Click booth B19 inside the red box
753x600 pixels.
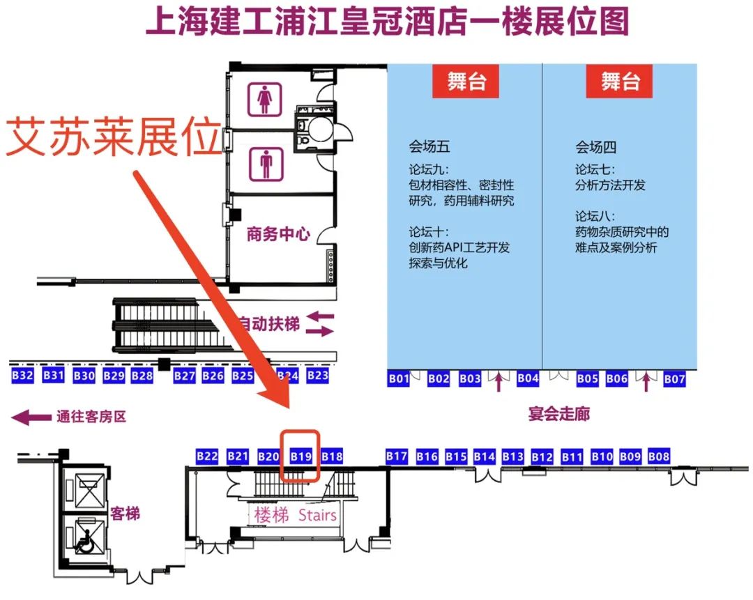pos(301,456)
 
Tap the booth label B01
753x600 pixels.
pos(398,379)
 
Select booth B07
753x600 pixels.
pos(674,379)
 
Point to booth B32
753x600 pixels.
pos(23,376)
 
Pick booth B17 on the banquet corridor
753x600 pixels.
pos(397,456)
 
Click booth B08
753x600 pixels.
pos(658,456)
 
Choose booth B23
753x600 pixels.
pos(317,376)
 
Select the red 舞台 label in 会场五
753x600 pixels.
pos(466,82)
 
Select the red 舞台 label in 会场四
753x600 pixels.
pos(621,82)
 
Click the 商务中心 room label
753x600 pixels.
pos(278,234)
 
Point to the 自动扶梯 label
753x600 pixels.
pos(269,324)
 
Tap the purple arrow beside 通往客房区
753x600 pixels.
pos(31,417)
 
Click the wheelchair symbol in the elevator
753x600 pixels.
pos(86,541)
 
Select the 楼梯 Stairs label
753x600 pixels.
pos(295,516)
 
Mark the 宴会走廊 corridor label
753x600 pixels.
pos(558,414)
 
